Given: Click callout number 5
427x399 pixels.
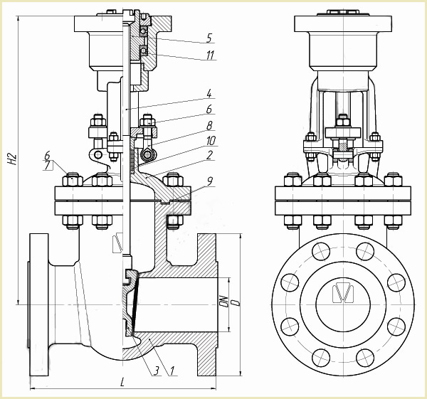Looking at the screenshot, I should pyautogui.click(x=209, y=37).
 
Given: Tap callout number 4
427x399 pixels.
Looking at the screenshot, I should pyautogui.click(x=209, y=93).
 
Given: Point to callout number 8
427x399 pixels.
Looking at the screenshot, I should pyautogui.click(x=209, y=125).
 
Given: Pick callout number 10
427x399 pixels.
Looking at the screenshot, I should pyautogui.click(x=211, y=140).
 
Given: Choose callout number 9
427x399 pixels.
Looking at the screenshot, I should pyautogui.click(x=209, y=182).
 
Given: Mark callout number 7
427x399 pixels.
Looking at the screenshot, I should pyautogui.click(x=47, y=165).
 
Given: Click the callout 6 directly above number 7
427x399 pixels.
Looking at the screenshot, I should pyautogui.click(x=47, y=155).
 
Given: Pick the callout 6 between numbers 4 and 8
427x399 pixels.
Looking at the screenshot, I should pyautogui.click(x=209, y=109).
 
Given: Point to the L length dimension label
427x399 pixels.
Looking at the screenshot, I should pyautogui.click(x=122, y=382).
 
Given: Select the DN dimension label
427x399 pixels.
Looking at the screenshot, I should pyautogui.click(x=223, y=304).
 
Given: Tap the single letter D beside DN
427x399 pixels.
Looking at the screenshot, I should pyautogui.click(x=234, y=302).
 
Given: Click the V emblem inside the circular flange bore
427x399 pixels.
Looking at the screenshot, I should pyautogui.click(x=344, y=293).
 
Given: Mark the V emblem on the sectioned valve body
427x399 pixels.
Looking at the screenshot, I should pyautogui.click(x=118, y=247).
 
